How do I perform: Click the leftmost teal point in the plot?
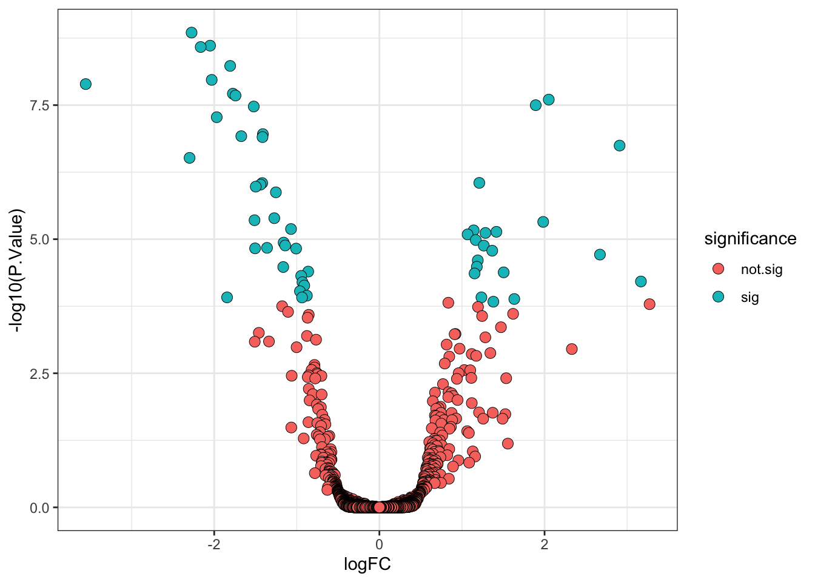pos(86,84)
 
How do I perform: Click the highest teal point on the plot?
pos(192,33)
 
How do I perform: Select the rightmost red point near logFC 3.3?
pos(649,304)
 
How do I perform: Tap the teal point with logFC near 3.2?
pos(641,281)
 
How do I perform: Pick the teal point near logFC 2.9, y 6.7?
pos(619,145)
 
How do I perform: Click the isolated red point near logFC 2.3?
pos(572,349)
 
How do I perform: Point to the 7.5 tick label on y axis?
pos(40,105)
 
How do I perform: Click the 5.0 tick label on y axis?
pos(40,239)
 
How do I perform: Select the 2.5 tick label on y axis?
pos(40,373)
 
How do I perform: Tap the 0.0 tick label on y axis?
pos(40,507)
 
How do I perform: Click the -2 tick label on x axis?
pos(213,544)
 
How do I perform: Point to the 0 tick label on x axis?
pos(380,544)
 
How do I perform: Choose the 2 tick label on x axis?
pos(545,544)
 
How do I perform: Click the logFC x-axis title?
pos(367,565)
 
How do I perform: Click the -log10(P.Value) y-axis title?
pos(18,270)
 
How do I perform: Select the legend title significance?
pos(750,239)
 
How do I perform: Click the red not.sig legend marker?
pos(719,269)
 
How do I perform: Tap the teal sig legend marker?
pos(719,297)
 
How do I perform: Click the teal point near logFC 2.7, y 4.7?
pos(600,255)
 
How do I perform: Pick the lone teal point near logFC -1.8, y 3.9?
pos(227,297)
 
